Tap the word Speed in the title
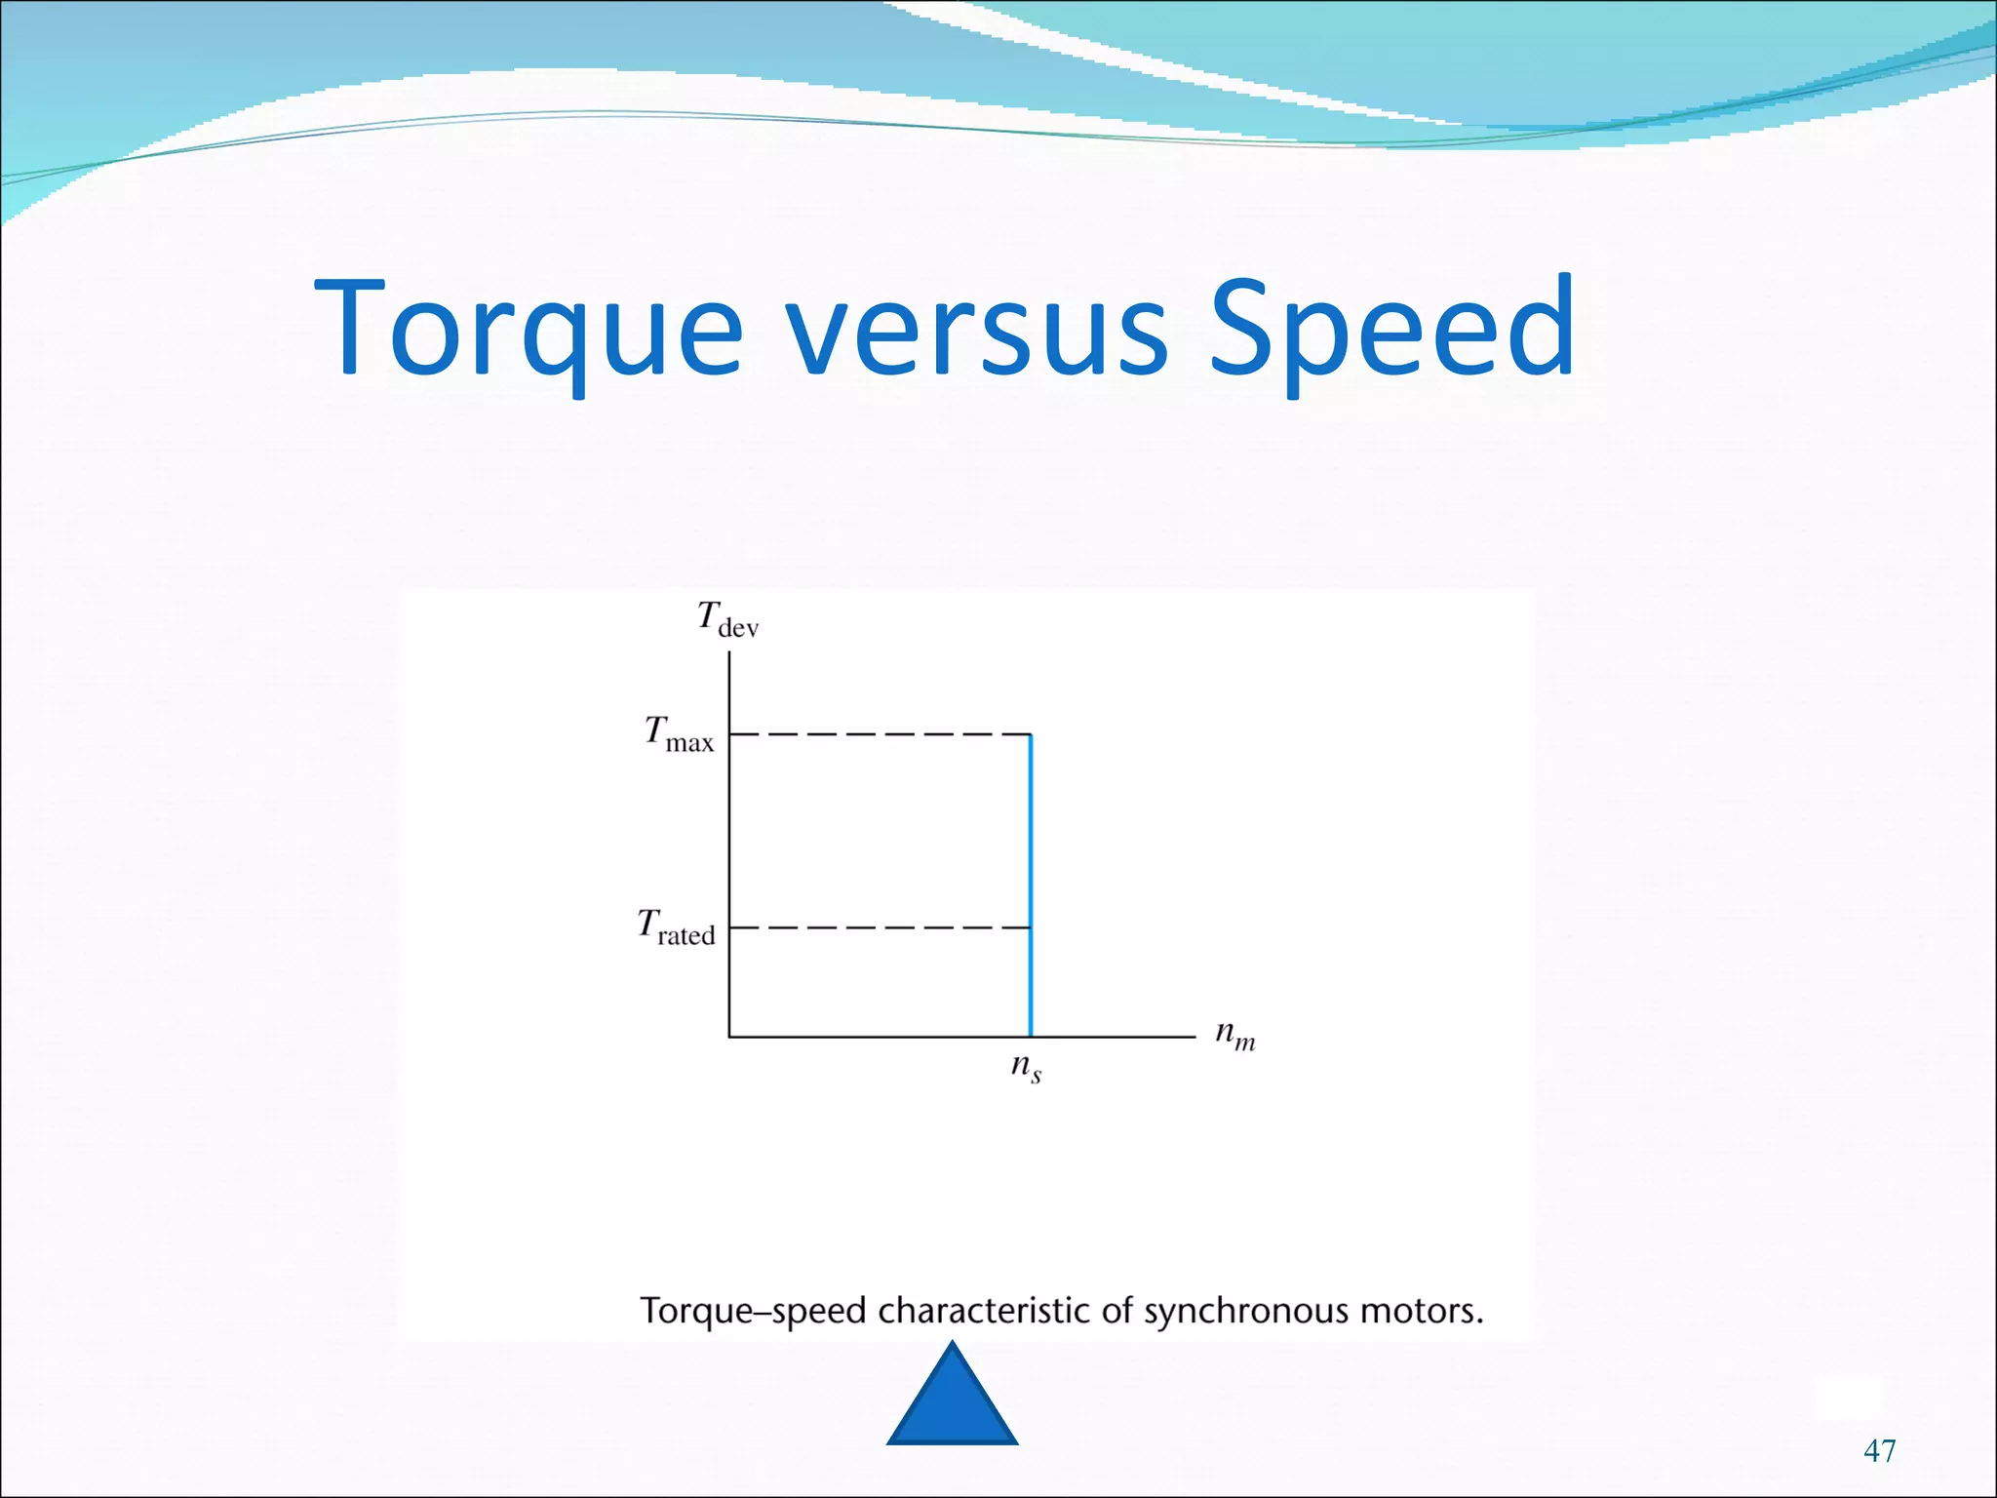pyautogui.click(x=1391, y=330)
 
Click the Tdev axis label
pyautogui.click(x=727, y=619)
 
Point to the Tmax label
pyautogui.click(x=679, y=733)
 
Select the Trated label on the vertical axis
pyautogui.click(x=676, y=926)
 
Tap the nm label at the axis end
pyautogui.click(x=1234, y=1035)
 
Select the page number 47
pyautogui.click(x=1879, y=1450)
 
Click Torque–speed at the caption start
pyautogui.click(x=753, y=1311)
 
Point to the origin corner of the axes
pyautogui.click(x=729, y=1037)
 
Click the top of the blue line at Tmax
pyautogui.click(x=1031, y=734)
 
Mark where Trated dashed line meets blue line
pyautogui.click(x=1031, y=927)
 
